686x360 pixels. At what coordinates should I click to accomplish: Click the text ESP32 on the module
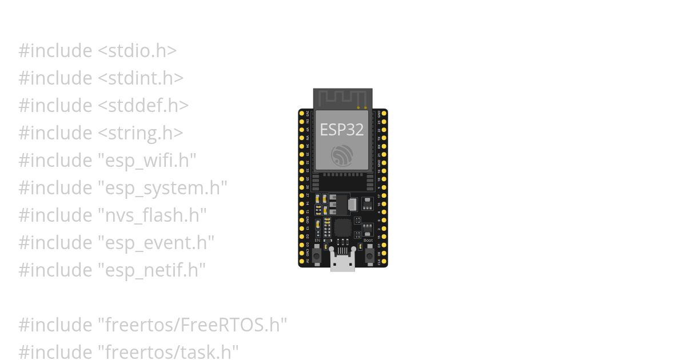coord(341,130)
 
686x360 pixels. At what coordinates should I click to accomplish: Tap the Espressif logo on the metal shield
coord(342,155)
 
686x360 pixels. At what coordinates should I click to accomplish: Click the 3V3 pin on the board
coord(302,114)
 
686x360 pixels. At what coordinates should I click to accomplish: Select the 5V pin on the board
coord(302,261)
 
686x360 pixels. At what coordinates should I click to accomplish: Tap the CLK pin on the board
coord(384,261)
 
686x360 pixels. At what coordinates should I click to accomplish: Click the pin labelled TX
coord(384,138)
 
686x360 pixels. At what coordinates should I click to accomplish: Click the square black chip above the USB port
coord(342,227)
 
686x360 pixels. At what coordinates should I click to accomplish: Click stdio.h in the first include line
coord(137,50)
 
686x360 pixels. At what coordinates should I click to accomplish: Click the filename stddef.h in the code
coord(143,105)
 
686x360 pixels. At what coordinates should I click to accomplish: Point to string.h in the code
coord(141,133)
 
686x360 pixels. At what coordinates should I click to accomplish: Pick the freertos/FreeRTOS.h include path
coord(193,325)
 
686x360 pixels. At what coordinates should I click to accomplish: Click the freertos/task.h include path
coord(168,352)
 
